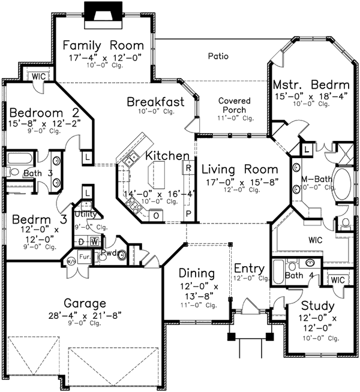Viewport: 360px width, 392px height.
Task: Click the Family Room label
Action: coord(103,46)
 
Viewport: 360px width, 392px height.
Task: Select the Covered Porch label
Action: coord(234,105)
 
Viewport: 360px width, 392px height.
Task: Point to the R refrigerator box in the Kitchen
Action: coord(188,168)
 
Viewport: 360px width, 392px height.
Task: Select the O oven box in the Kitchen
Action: coord(156,215)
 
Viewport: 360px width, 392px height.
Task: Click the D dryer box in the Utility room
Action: coord(82,241)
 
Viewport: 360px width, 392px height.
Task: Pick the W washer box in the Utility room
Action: coord(94,241)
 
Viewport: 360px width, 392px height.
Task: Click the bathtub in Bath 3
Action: coord(21,159)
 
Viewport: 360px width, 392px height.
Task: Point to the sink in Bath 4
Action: coord(310,262)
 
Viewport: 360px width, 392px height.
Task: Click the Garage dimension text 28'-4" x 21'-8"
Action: coord(86,315)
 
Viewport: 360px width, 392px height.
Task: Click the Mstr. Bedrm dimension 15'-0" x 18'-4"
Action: coord(310,96)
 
